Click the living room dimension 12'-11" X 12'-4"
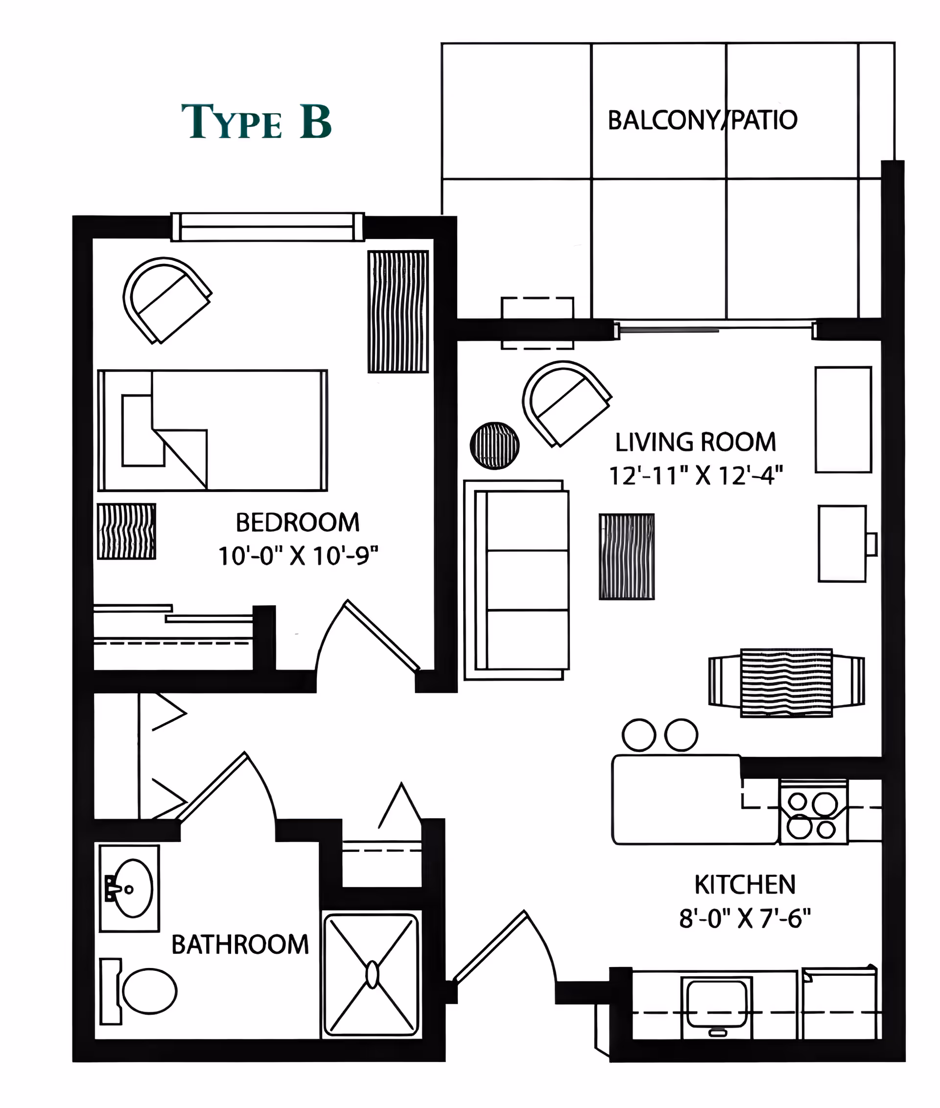coord(695,475)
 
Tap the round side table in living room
coord(494,446)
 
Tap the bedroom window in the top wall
coord(267,227)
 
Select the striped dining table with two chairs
coord(786,683)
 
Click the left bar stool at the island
coord(638,735)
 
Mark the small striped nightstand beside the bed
coord(126,531)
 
